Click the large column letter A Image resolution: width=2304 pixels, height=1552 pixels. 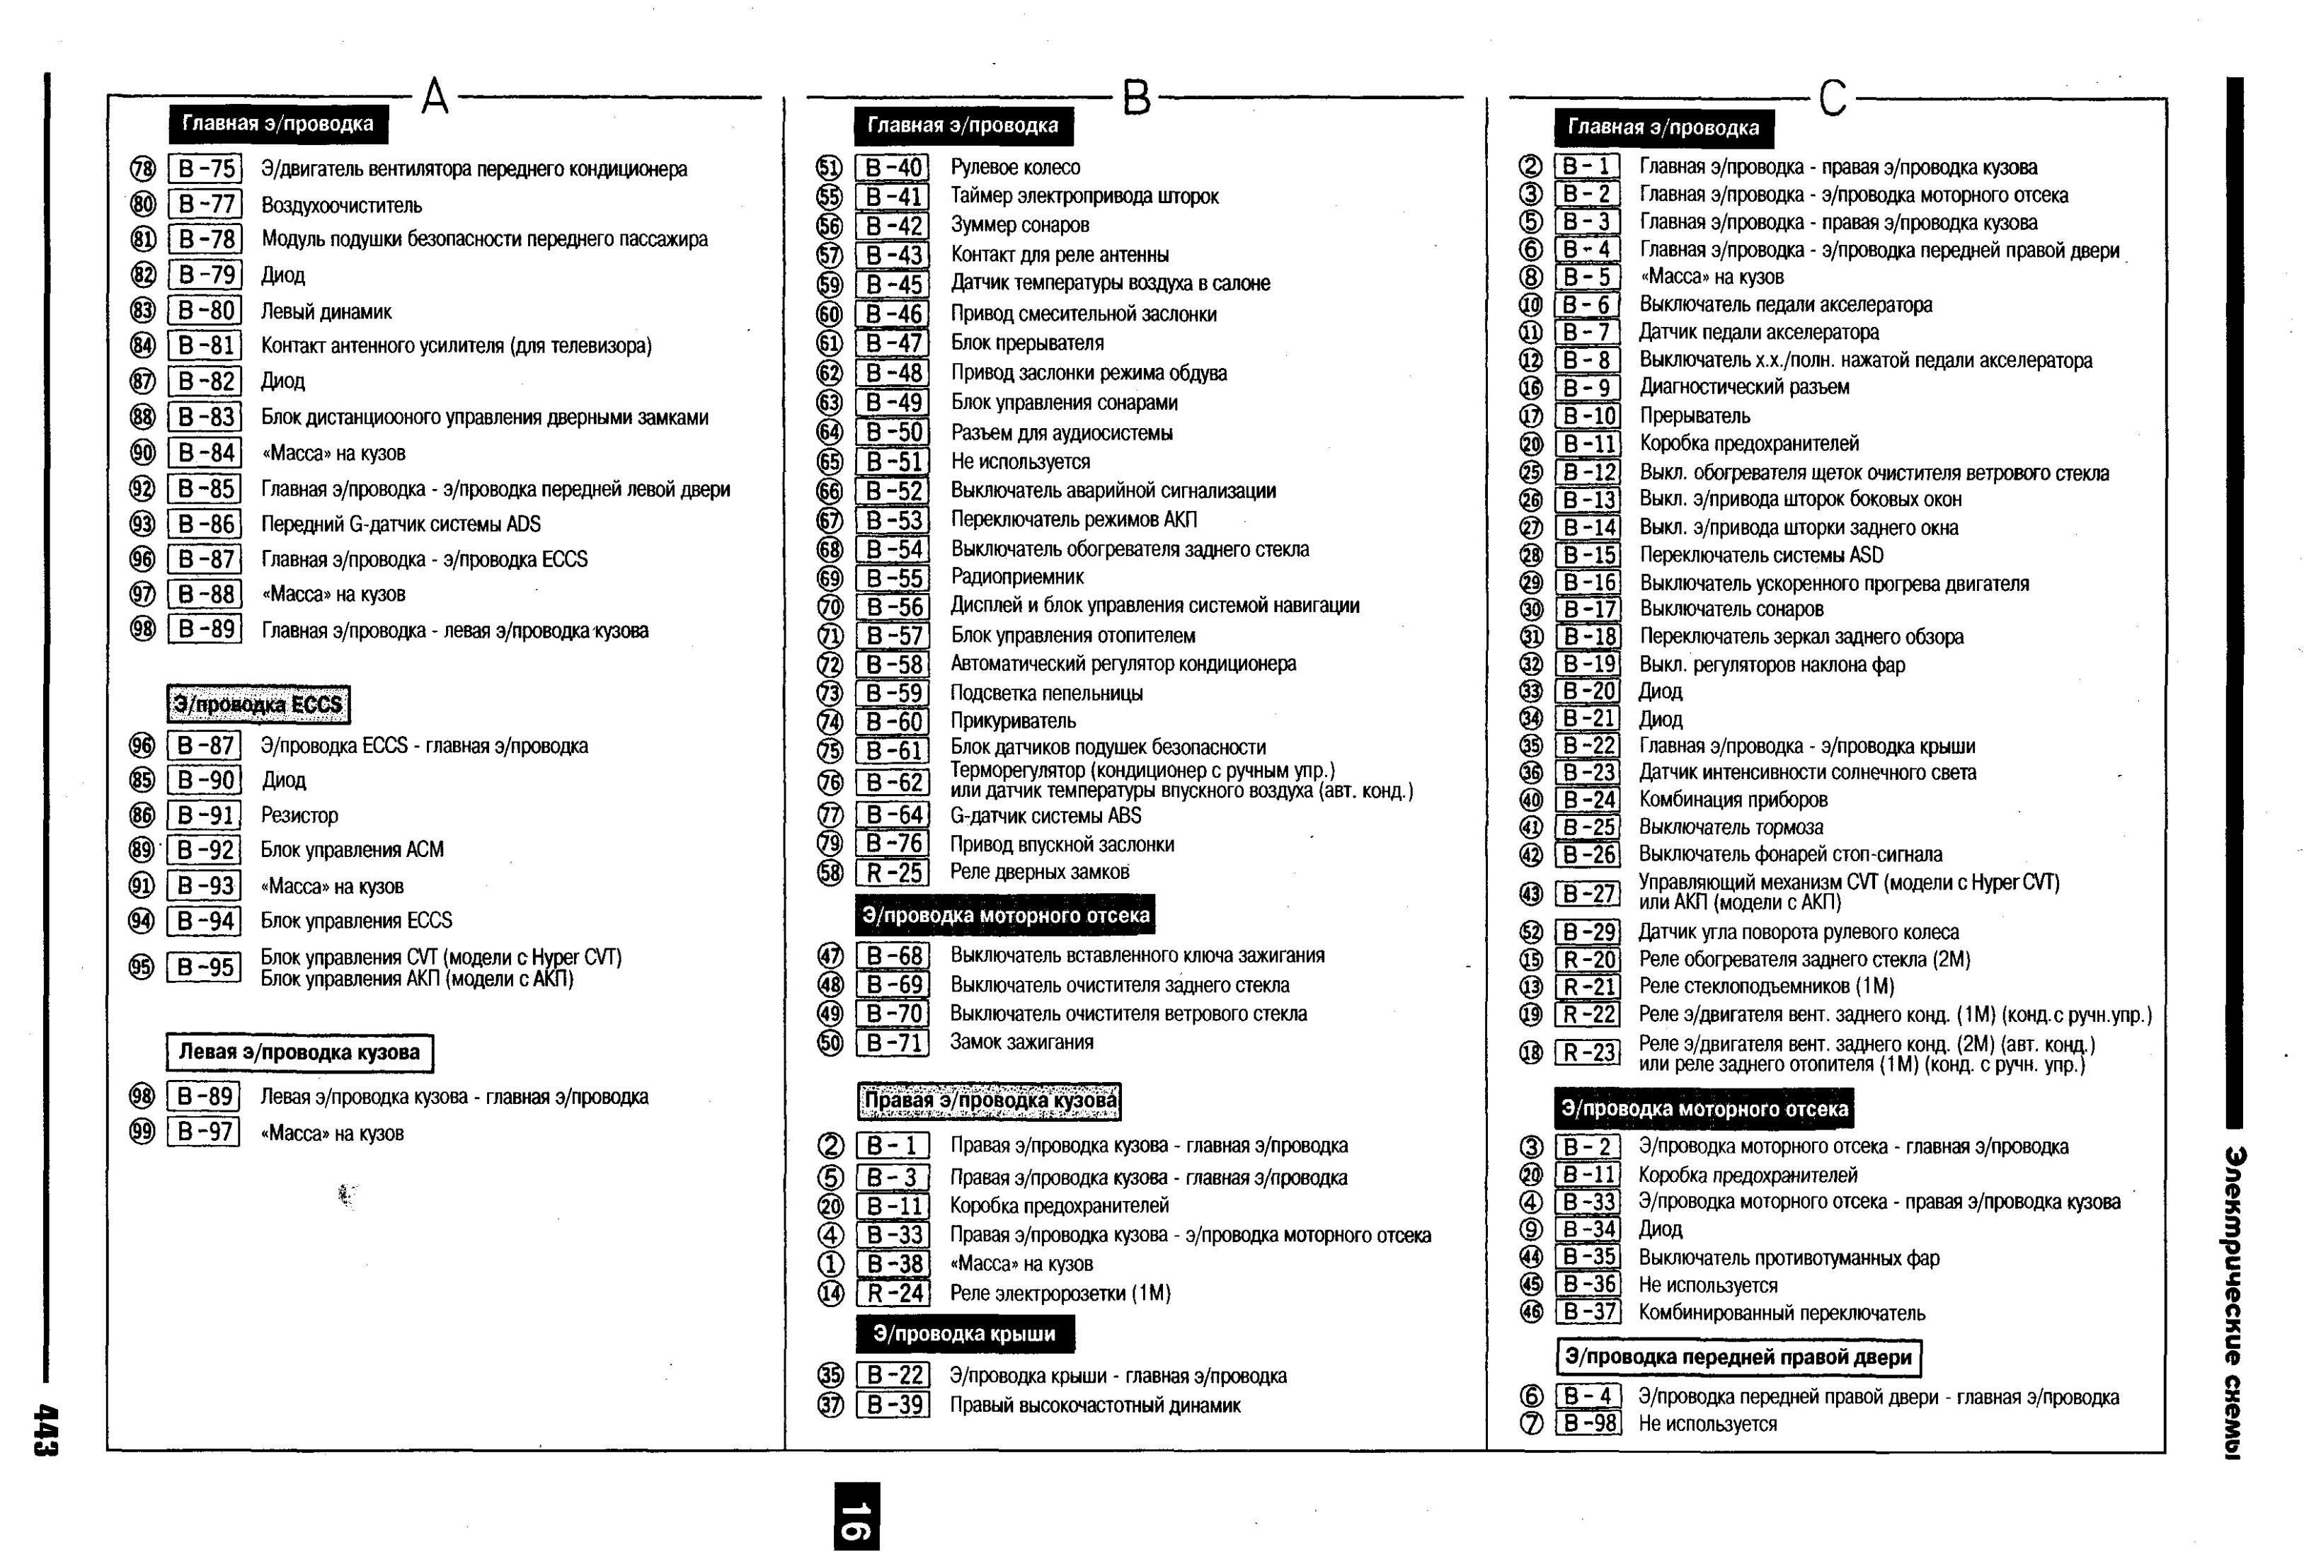[x=435, y=97]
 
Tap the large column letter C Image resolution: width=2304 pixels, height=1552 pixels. [x=1832, y=98]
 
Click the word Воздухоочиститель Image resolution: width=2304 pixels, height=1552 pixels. [x=341, y=206]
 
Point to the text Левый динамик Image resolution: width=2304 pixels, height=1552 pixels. [x=326, y=312]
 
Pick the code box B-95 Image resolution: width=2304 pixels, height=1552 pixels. [x=204, y=967]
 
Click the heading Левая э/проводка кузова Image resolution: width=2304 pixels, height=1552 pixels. [x=299, y=1052]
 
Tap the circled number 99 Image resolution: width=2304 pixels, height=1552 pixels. [x=142, y=1132]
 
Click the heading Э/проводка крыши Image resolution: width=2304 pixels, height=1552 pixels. [x=964, y=1333]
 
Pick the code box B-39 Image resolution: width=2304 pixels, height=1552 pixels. [x=893, y=1405]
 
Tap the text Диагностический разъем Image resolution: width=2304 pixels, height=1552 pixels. [x=1744, y=387]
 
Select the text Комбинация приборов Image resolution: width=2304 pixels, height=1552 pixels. [x=1733, y=799]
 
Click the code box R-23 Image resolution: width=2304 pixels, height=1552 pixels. [x=1588, y=1053]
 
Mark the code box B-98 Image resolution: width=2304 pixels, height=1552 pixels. [x=1588, y=1423]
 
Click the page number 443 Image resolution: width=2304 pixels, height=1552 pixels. [x=45, y=1430]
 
